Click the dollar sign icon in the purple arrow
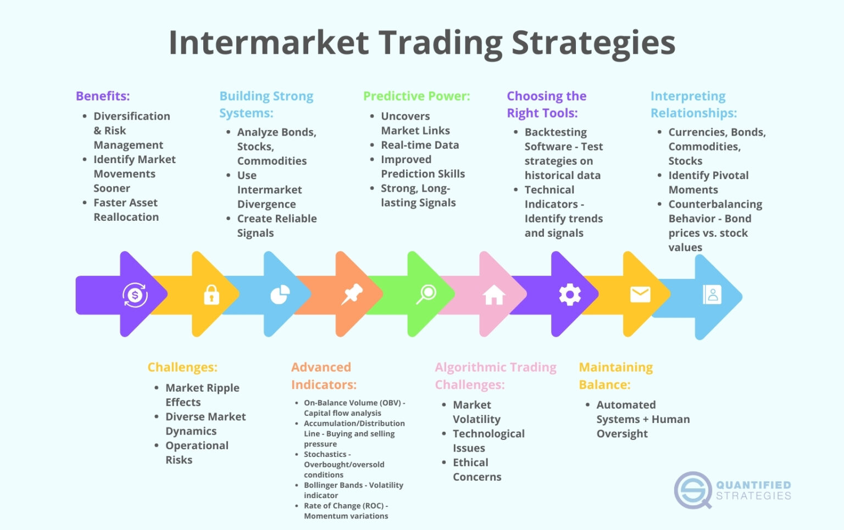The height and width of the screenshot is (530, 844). [x=135, y=295]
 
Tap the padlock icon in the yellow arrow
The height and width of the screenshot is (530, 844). [x=212, y=295]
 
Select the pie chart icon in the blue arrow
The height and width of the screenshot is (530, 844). [x=280, y=295]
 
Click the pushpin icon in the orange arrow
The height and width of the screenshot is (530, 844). [x=352, y=294]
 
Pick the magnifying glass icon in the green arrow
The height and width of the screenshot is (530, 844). [x=426, y=294]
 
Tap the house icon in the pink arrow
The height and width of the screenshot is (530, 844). [x=494, y=295]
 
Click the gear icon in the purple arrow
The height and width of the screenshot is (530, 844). [x=570, y=295]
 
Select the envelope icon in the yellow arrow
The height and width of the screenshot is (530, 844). [x=640, y=294]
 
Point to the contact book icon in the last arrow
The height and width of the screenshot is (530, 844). [x=712, y=295]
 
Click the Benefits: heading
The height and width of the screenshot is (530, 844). [x=103, y=96]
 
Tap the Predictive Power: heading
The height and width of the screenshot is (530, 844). [x=417, y=96]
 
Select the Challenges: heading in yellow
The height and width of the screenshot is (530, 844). [x=182, y=367]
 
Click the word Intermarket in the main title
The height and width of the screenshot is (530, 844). [x=269, y=43]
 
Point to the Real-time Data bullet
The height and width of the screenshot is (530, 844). [x=420, y=145]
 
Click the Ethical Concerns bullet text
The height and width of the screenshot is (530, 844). [x=476, y=470]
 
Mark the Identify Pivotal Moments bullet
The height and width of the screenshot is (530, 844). [x=708, y=182]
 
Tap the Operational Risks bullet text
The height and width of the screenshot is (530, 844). [x=196, y=453]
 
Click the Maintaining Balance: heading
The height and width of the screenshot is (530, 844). [x=615, y=376]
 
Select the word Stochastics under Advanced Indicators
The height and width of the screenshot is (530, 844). [x=325, y=454]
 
